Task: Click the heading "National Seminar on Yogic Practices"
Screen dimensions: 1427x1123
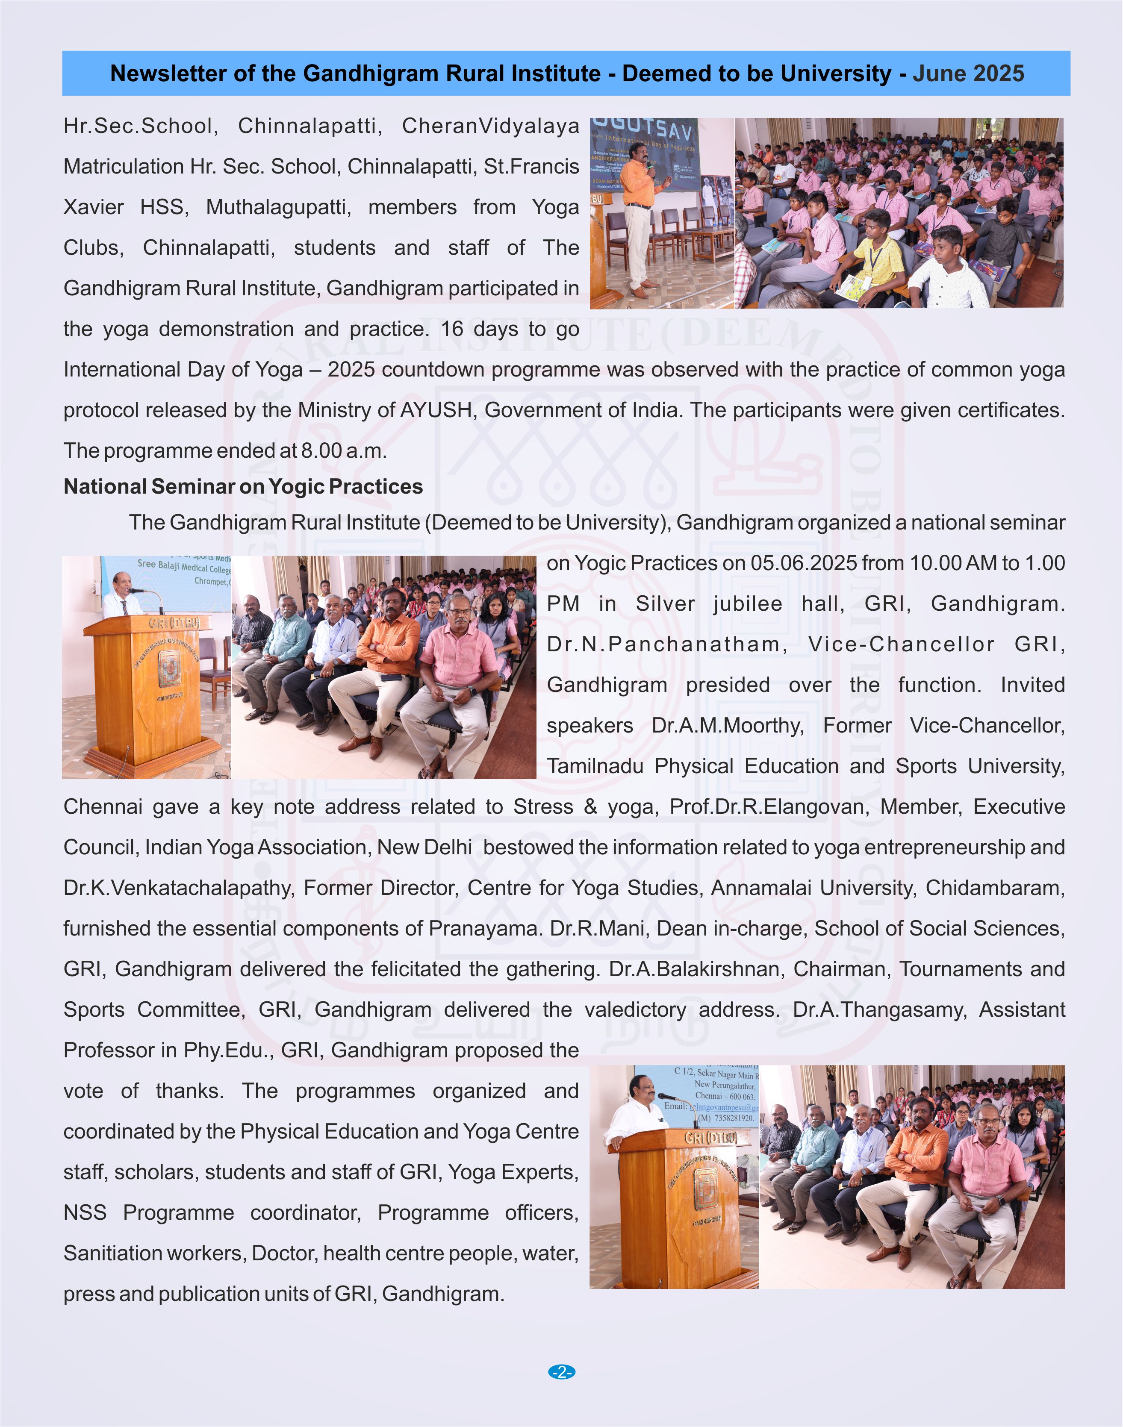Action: [x=243, y=486]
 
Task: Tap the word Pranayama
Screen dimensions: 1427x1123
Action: [x=485, y=929]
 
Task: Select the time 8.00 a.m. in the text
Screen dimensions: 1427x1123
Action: [x=343, y=451]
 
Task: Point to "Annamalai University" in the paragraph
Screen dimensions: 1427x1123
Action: [x=812, y=888]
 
